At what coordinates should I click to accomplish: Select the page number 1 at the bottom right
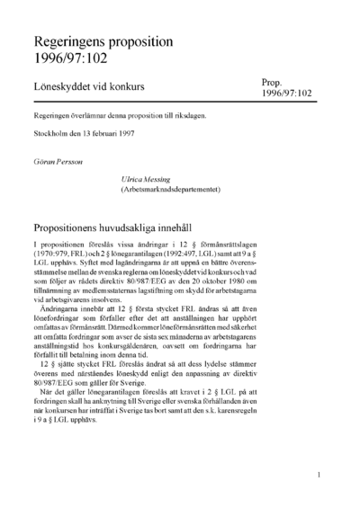tap(320, 474)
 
